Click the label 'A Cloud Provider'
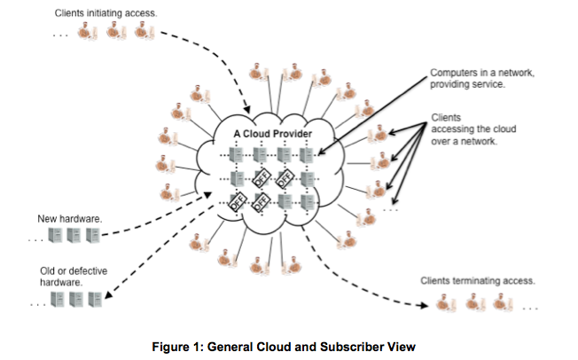click(x=272, y=133)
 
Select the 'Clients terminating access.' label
click(x=478, y=280)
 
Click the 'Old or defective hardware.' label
click(x=67, y=276)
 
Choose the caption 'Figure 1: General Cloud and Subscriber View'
click(x=288, y=346)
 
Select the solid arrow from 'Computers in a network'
click(x=363, y=111)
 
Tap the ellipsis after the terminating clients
click(x=532, y=309)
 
